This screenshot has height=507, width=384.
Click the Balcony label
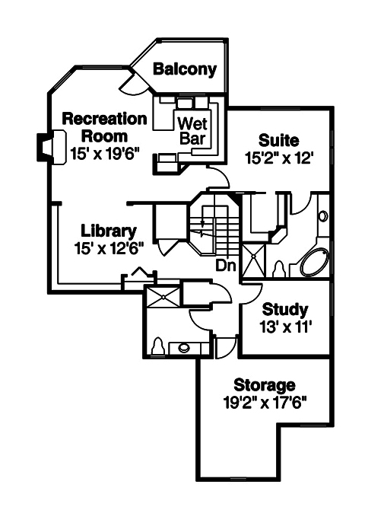[x=185, y=69]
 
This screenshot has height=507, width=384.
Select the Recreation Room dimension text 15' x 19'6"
[x=104, y=152]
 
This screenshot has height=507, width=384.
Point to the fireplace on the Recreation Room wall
[x=45, y=146]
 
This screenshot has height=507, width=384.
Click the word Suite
[x=278, y=141]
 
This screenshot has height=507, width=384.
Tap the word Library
[x=109, y=231]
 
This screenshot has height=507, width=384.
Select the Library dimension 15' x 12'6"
[x=109, y=248]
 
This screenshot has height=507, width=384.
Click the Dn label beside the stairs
[x=224, y=266]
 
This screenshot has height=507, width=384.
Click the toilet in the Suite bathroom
[x=279, y=270]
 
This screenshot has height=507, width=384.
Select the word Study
[x=285, y=310]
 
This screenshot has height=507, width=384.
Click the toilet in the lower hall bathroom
[x=158, y=346]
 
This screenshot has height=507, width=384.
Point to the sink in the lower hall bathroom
[x=184, y=349]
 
